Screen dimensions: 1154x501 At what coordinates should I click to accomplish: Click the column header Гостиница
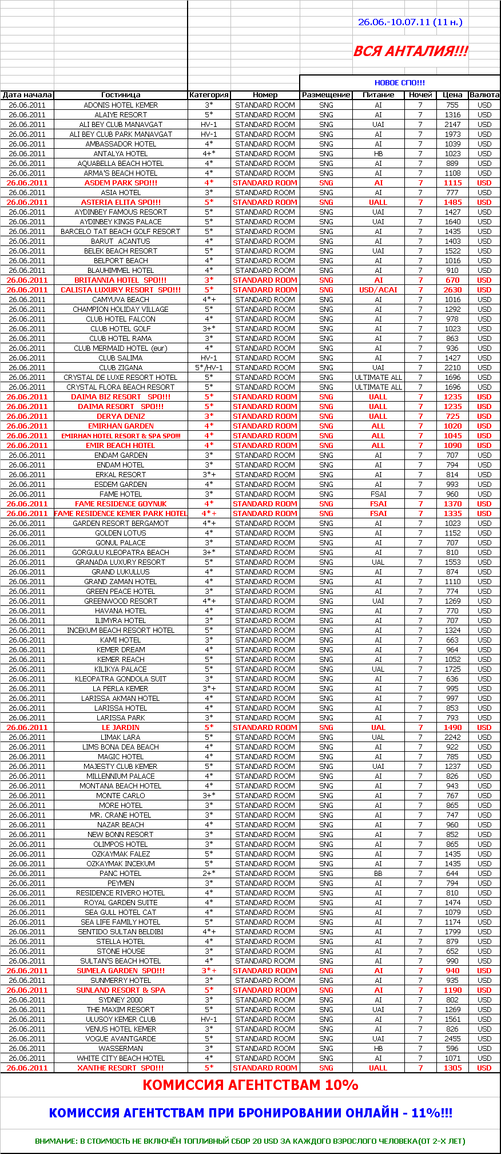(x=121, y=95)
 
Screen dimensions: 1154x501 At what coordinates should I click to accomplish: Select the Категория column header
(x=209, y=95)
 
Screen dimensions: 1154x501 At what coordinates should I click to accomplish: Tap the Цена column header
(x=452, y=95)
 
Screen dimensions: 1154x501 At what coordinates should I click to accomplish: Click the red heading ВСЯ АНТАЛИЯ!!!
(x=411, y=51)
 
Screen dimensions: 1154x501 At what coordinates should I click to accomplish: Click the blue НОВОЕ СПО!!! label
(x=400, y=83)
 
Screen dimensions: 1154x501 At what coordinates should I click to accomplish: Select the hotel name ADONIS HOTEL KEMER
(x=121, y=105)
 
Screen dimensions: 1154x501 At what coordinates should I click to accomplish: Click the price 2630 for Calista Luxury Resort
(x=452, y=290)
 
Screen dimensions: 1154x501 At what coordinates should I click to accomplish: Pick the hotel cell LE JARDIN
(x=121, y=728)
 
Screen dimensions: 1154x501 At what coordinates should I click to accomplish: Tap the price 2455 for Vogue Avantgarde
(x=452, y=1039)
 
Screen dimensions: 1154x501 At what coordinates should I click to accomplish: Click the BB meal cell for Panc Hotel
(x=378, y=874)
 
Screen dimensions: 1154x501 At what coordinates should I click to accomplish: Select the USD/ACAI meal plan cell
(x=378, y=290)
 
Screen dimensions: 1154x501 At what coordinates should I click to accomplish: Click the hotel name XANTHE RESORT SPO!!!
(x=121, y=1068)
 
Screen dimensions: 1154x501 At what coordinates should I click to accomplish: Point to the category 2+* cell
(x=209, y=874)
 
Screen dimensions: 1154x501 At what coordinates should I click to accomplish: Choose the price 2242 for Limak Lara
(x=452, y=737)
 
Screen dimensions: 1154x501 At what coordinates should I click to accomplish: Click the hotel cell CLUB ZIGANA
(x=121, y=368)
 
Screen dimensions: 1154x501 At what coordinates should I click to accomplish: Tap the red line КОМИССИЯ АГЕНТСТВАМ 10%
(x=250, y=1085)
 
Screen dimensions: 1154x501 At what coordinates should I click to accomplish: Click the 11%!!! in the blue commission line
(x=432, y=1113)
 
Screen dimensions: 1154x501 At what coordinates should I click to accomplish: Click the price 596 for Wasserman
(x=452, y=1049)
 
